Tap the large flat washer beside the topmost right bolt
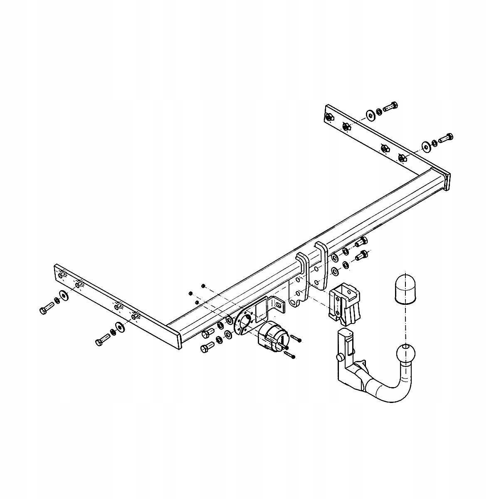tap(370, 115)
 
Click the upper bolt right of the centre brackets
tap(361, 241)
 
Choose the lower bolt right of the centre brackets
tap(362, 255)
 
